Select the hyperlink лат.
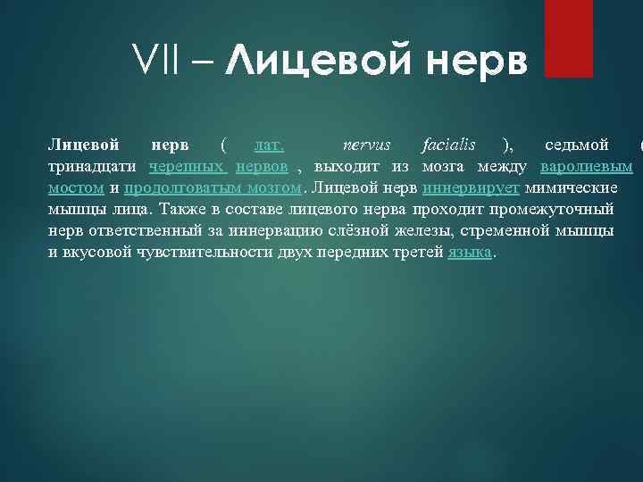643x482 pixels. pos(269,145)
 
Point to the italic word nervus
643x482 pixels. pos(367,145)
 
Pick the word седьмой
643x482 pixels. pos(577,145)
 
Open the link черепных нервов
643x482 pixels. pos(219,167)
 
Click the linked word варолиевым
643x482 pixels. pos(587,167)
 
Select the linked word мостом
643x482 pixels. pos(76,188)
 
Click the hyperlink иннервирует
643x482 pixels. pos(471,188)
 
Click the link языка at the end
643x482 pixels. pos(469,253)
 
